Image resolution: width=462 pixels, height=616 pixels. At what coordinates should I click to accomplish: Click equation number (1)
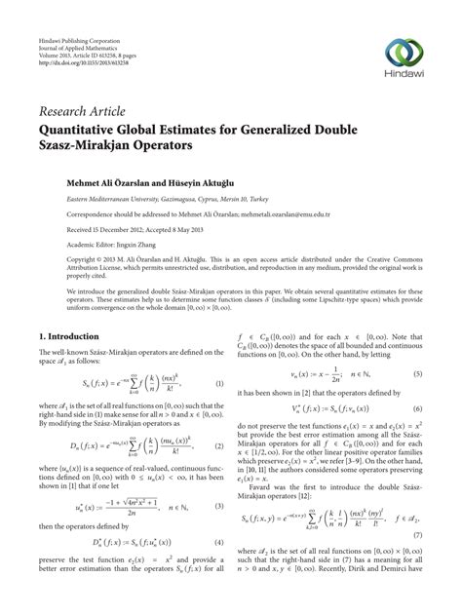click(219, 383)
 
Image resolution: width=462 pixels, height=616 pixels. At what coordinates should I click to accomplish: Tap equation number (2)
click(219, 445)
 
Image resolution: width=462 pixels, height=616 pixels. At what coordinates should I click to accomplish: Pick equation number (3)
click(219, 507)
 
